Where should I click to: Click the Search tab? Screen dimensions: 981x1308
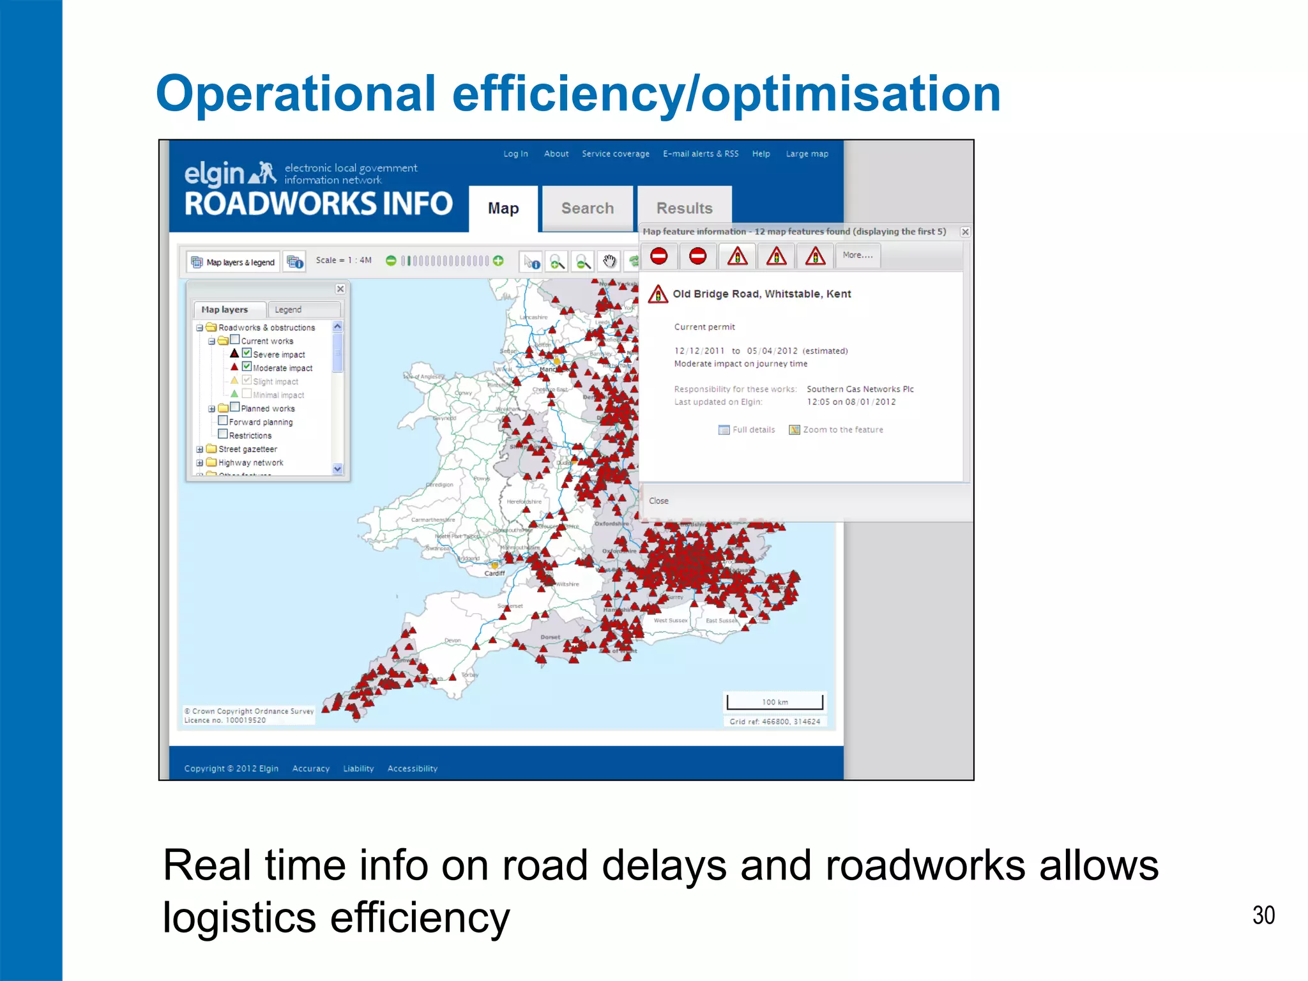(587, 208)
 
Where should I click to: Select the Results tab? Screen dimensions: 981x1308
(684, 208)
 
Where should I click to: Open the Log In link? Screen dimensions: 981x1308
(515, 154)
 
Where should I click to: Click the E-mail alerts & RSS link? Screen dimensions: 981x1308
(701, 154)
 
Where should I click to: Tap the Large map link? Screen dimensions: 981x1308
(807, 154)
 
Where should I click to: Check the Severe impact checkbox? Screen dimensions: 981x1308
(247, 353)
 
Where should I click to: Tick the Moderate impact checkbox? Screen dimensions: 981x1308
(247, 367)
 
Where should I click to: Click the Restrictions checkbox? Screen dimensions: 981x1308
(223, 434)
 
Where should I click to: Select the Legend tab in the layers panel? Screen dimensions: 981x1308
(288, 310)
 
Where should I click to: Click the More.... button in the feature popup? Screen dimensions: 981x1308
(857, 255)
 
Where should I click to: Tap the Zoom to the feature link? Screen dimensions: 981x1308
(842, 430)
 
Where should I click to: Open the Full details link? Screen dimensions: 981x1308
(753, 430)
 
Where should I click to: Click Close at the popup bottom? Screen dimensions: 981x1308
(658, 501)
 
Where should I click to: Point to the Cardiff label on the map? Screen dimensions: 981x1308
(494, 574)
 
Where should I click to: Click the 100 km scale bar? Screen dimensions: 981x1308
(775, 702)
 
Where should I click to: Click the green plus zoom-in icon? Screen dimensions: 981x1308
(498, 261)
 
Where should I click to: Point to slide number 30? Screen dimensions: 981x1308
(1263, 915)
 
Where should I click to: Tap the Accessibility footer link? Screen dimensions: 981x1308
(412, 768)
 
